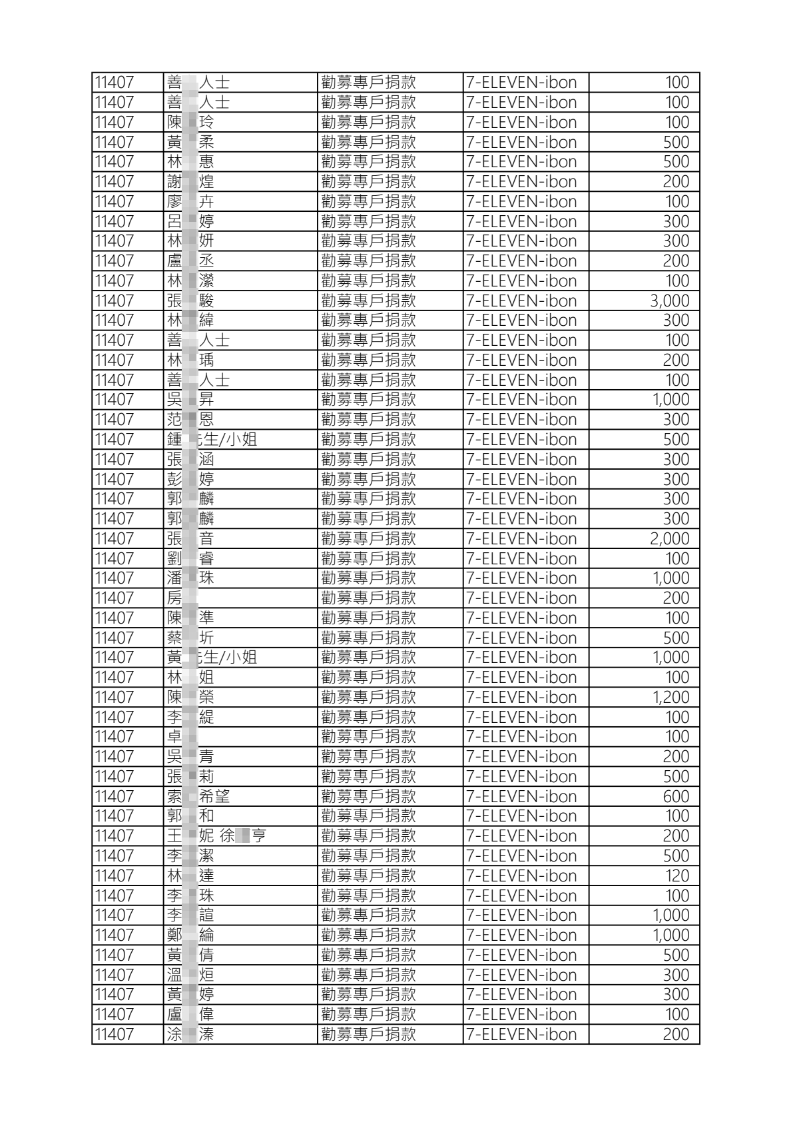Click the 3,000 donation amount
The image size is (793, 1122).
tap(669, 300)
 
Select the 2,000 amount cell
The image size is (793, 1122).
tap(669, 538)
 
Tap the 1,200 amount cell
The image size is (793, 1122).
tap(670, 697)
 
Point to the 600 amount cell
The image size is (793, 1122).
tap(675, 796)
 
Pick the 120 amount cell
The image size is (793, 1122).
tap(676, 875)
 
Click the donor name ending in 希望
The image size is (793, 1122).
tap(198, 796)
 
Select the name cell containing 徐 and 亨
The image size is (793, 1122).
tap(216, 836)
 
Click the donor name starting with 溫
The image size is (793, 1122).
tap(190, 975)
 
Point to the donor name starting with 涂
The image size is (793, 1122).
tap(190, 1034)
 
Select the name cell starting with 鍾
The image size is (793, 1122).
tap(212, 439)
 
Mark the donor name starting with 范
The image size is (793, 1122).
tap(190, 419)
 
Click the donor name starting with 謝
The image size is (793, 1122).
tap(190, 181)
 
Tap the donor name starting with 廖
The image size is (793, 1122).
tap(190, 201)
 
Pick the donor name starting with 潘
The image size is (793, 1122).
tap(190, 578)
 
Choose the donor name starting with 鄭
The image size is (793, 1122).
tap(190, 935)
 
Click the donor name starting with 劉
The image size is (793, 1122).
tap(190, 558)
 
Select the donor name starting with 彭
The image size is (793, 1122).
tap(190, 479)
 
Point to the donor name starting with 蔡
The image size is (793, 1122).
tap(190, 638)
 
